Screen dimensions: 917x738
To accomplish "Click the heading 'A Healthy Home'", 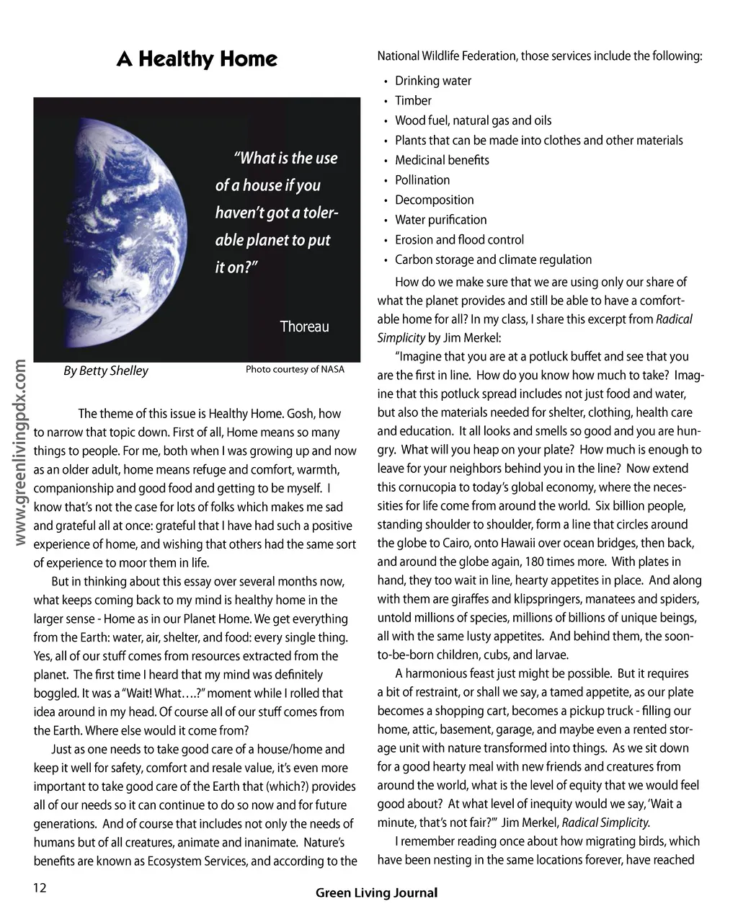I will pos(197,59).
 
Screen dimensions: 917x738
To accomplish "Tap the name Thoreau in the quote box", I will pos(304,327).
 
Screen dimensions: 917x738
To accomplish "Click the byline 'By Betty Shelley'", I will pos(106,371).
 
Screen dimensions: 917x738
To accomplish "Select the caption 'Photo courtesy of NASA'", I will pos(295,369).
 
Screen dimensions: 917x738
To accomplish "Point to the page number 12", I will pos(39,887).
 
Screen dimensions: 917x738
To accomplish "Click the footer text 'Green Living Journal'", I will pos(376,892).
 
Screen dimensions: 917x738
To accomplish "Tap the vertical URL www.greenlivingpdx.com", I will pos(21,454).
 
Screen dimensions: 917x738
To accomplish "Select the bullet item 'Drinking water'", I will pos(433,81).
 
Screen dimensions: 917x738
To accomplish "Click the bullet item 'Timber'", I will pos(413,101).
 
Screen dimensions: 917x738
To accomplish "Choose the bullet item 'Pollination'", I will pos(422,180).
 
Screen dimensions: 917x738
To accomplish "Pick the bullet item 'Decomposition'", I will pos(435,200).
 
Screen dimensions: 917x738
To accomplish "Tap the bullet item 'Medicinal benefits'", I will pos(442,160).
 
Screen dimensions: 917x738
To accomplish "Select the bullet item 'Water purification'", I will pos(440,220).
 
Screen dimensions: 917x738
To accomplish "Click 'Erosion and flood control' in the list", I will pos(459,240).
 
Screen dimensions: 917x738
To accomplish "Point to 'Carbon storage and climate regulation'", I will pos(493,260).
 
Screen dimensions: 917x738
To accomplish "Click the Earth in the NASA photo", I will pos(137,231).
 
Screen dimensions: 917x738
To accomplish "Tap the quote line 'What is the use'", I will pos(285,158).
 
